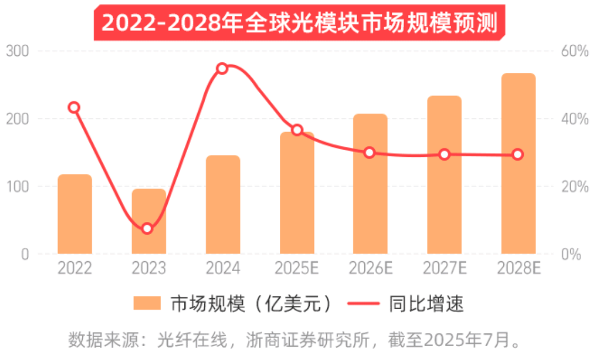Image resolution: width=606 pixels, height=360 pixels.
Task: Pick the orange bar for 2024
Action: click(223, 205)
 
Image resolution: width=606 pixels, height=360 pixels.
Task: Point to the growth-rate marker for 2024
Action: click(222, 68)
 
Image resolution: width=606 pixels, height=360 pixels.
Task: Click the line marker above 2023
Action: click(147, 229)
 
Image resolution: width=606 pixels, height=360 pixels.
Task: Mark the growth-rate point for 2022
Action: click(74, 108)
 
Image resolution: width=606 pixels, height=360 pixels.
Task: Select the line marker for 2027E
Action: click(444, 155)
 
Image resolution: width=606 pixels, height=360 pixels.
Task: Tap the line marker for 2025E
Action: click(297, 130)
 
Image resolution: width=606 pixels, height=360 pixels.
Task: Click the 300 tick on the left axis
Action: click(18, 51)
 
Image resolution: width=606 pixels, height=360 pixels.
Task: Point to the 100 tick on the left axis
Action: click(18, 187)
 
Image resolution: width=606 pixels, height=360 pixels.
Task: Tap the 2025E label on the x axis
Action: click(297, 268)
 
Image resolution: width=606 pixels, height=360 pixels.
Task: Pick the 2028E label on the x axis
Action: click(519, 268)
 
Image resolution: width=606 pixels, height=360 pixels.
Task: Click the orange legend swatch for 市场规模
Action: click(147, 303)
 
